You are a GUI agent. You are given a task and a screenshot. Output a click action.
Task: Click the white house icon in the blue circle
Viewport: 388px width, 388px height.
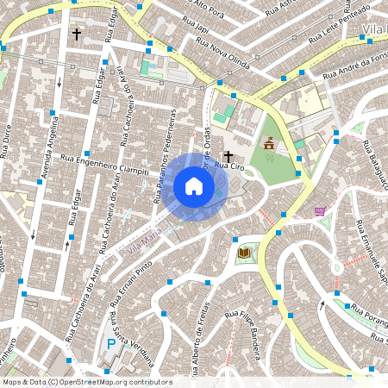(194, 186)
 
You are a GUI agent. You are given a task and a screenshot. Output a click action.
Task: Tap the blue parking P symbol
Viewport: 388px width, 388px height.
(110, 343)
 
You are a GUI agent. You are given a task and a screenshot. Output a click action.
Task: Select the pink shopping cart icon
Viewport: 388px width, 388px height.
(320, 210)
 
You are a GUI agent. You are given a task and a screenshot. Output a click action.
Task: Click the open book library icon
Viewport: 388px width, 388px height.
(244, 252)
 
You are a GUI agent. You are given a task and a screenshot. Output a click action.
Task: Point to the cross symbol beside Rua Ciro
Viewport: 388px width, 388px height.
(228, 155)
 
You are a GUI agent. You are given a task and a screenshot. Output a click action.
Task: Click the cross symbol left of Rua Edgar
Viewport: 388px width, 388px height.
(77, 34)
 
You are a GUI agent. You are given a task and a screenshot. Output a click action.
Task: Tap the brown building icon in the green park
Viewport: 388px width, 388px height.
(269, 143)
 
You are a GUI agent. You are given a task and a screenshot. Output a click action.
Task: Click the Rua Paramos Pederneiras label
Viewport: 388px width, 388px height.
(165, 156)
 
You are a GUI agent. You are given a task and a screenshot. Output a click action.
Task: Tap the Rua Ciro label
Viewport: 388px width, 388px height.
(226, 165)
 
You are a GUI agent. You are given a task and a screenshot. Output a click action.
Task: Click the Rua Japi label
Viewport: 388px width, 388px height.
(202, 28)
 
